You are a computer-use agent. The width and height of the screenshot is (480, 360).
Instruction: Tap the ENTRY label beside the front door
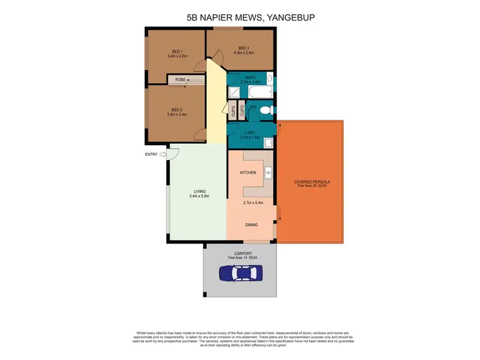pos(151,154)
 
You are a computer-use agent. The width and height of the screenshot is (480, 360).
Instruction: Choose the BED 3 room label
pos(243,48)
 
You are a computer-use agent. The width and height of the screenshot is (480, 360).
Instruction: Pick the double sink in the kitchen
pos(269,171)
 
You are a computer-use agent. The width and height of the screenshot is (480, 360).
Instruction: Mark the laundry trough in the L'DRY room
pos(270,142)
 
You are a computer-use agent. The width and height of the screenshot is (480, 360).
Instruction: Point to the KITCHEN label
pos(248,173)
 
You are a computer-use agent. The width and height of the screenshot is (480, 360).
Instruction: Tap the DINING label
pos(252,225)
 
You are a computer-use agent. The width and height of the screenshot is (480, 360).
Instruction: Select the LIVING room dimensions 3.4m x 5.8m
pos(199,196)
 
